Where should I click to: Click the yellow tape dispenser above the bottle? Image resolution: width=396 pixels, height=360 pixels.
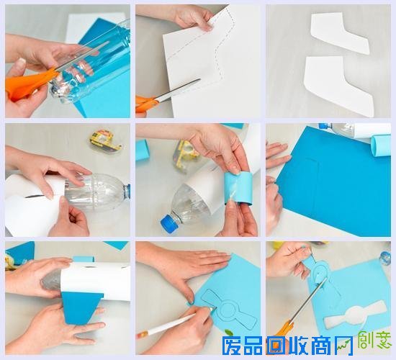click(105, 140)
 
